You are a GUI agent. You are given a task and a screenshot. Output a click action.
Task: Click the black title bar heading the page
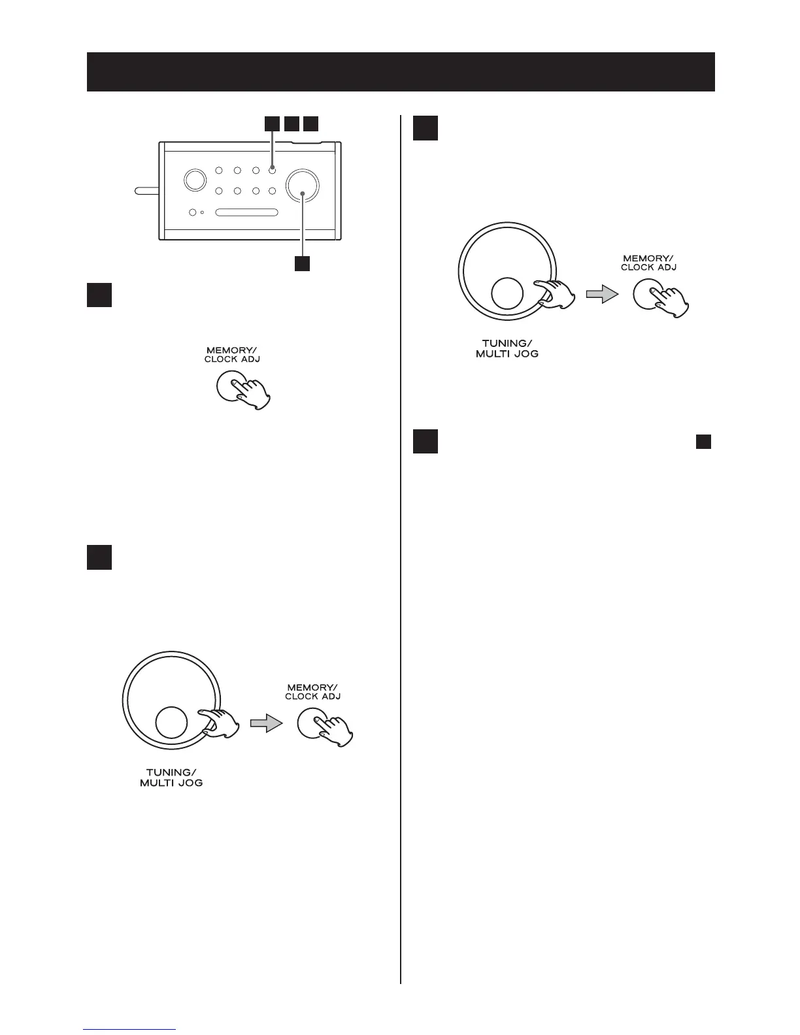coord(400,72)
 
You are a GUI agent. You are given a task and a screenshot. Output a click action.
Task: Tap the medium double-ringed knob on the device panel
coord(193,180)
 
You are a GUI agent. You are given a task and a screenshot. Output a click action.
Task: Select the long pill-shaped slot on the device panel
coord(247,212)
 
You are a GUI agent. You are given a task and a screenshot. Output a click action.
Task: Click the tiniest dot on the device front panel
coord(203,212)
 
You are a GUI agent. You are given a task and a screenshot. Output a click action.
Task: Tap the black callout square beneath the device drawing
coord(302,263)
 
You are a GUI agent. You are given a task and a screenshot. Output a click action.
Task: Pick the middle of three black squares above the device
coord(292,123)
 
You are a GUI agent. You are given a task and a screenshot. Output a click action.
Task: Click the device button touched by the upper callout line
coord(272,171)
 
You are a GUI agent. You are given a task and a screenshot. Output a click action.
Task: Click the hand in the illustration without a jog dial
coord(252,393)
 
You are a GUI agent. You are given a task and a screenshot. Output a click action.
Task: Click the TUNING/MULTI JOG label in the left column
coord(171,778)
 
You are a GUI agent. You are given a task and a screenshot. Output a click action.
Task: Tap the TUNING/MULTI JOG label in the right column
coord(507,348)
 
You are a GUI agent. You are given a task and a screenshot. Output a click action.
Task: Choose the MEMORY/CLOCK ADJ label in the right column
coord(648,263)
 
